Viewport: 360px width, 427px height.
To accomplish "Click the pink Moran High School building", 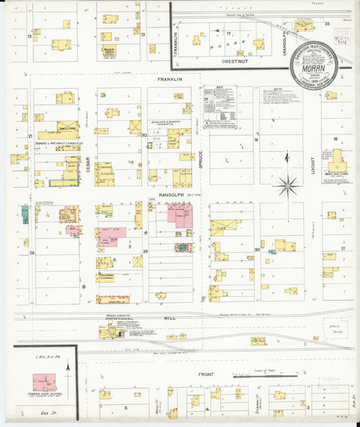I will tap(45, 382).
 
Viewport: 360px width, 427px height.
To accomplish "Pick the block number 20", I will tap(144, 135).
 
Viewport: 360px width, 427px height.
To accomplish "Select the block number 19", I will tap(257, 140).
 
